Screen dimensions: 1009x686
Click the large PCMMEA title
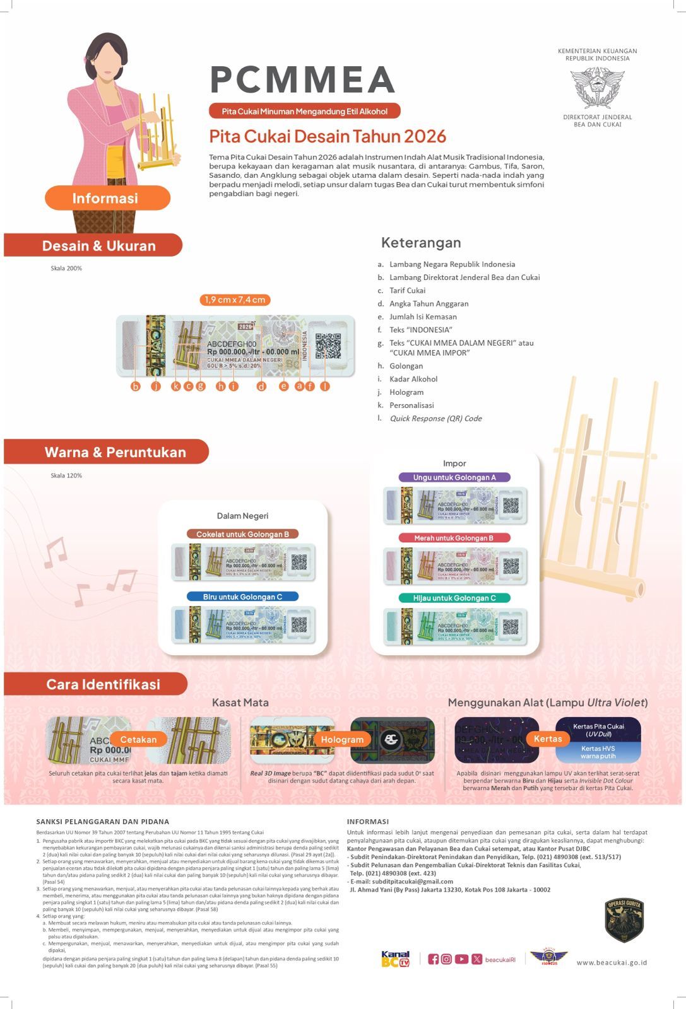click(x=302, y=80)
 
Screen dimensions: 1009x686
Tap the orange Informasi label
click(x=106, y=198)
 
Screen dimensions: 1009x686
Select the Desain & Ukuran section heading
click(x=98, y=246)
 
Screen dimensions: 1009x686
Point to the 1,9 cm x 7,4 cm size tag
click(x=234, y=300)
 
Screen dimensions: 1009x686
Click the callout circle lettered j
click(x=156, y=386)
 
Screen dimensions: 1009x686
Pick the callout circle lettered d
click(x=261, y=386)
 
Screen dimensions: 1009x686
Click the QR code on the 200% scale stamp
click(x=328, y=346)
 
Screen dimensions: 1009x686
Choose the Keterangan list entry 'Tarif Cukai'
click(x=407, y=291)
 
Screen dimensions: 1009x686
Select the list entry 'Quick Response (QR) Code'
click(x=435, y=418)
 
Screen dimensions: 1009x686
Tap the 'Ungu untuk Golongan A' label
click(x=454, y=477)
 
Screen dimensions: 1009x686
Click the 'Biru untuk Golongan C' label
click(x=242, y=597)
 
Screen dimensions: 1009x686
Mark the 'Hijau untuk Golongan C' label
click(x=454, y=598)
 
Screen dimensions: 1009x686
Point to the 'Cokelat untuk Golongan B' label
click(x=242, y=534)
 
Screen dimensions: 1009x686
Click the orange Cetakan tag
click(x=138, y=739)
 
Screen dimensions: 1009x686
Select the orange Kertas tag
click(x=547, y=738)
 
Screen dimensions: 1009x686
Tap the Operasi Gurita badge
click(x=624, y=920)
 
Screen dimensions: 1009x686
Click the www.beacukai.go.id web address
click(x=612, y=962)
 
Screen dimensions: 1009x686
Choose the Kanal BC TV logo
click(x=396, y=959)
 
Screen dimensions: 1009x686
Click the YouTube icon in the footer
click(x=461, y=959)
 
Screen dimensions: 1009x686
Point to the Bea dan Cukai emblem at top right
click(x=597, y=88)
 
